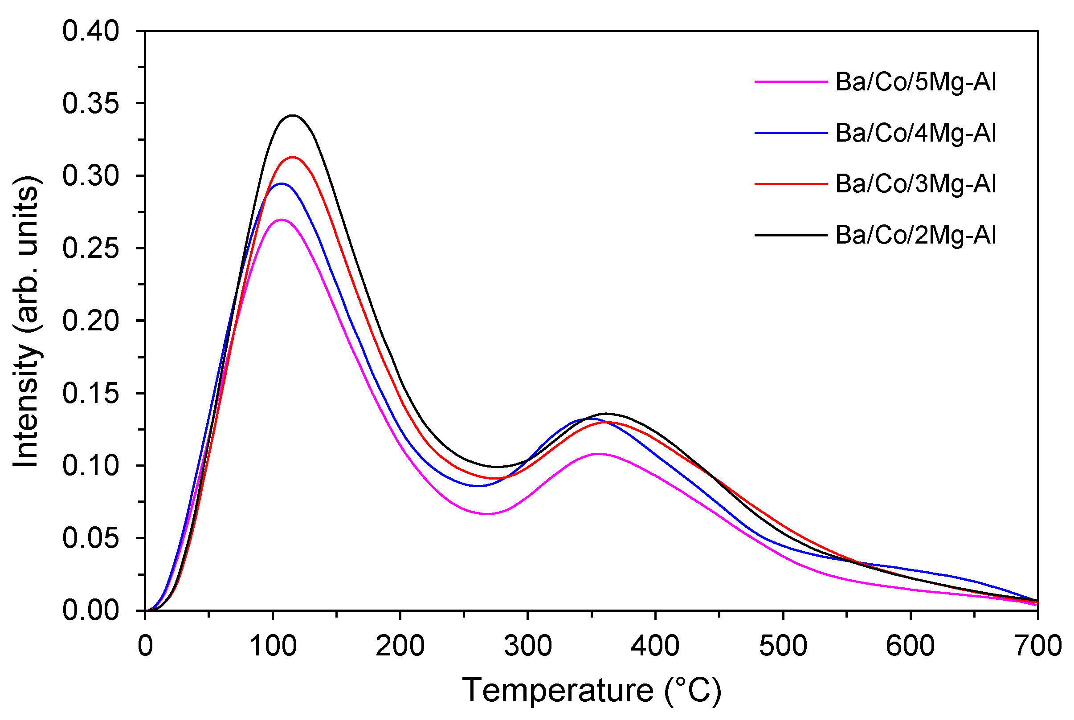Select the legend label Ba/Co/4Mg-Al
click(915, 133)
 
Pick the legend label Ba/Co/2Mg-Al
click(915, 235)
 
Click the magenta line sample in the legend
click(791, 82)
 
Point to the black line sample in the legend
click(791, 235)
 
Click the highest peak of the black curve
click(293, 115)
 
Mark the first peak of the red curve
click(292, 157)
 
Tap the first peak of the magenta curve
click(281, 220)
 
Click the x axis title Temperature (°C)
click(591, 690)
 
